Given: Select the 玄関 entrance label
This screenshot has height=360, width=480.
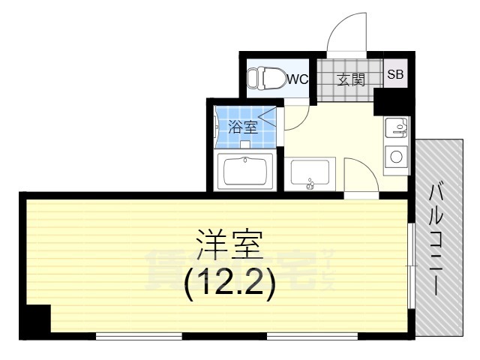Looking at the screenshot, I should click(349, 78).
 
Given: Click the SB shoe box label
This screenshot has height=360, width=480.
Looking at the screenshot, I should click(394, 74).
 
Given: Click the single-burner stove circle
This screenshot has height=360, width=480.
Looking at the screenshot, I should click(395, 157).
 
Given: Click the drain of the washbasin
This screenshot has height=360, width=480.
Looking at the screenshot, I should click(310, 181).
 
